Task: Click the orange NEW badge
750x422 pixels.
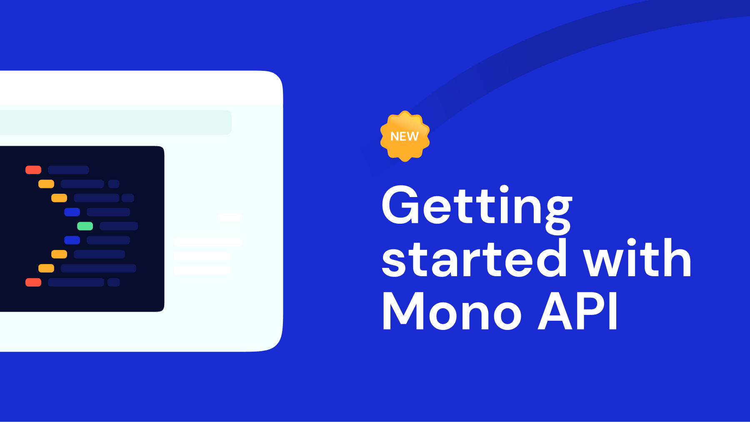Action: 405,136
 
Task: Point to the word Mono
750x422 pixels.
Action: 452,311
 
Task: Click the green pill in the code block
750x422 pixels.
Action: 85,226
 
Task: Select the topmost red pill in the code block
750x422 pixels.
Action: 33,170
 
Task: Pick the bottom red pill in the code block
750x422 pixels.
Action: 33,282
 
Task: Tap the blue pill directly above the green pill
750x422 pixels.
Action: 72,212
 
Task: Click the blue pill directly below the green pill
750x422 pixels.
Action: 72,240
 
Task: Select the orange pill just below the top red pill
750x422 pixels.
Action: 46,184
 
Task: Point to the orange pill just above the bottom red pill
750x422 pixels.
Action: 46,268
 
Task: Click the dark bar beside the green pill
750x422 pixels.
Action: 119,226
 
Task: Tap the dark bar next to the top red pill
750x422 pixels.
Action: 68,170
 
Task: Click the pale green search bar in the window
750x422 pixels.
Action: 115,122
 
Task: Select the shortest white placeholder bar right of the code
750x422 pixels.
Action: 230,217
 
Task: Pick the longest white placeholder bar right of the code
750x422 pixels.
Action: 208,242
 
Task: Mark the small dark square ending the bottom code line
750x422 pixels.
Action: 114,282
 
